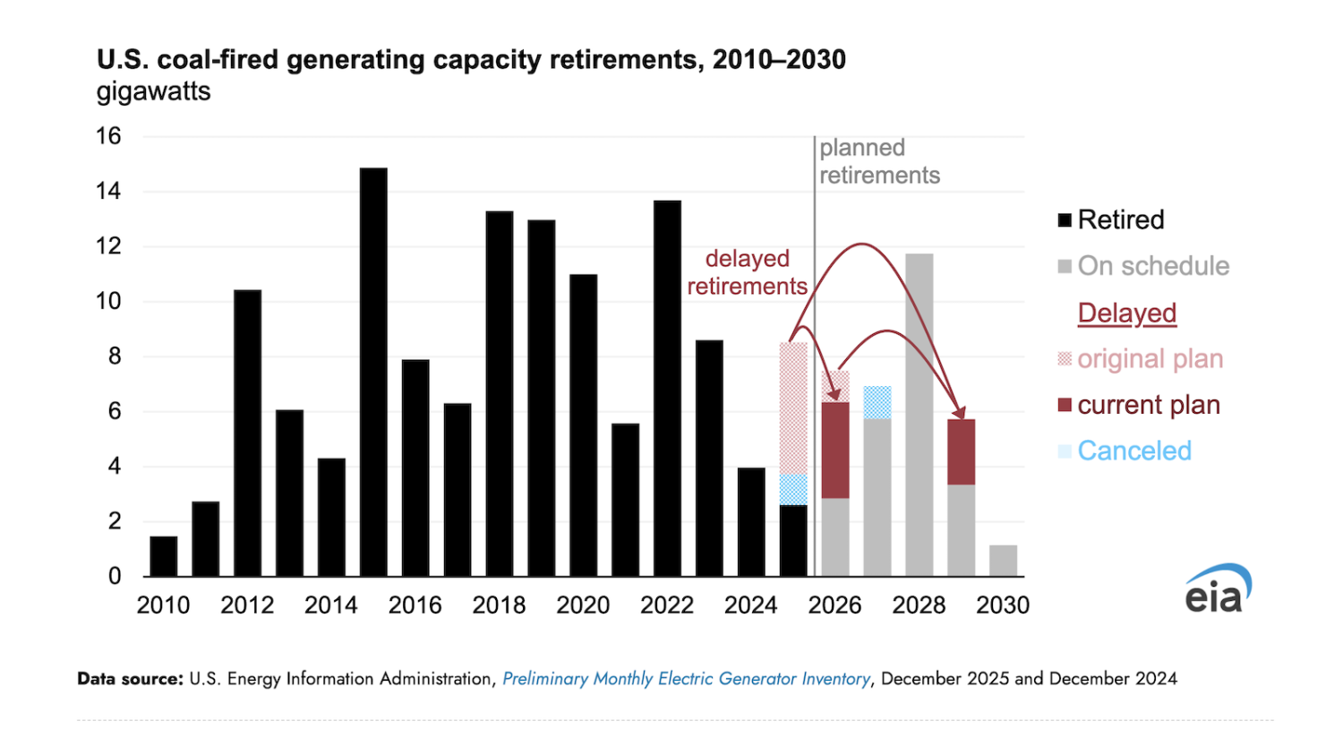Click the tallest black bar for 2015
click(x=373, y=372)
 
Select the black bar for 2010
click(x=164, y=556)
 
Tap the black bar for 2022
click(x=667, y=388)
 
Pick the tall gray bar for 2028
click(x=919, y=415)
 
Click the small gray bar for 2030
click(x=1003, y=561)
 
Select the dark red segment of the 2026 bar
click(x=835, y=451)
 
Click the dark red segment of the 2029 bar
click(x=961, y=452)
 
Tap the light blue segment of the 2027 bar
click(x=877, y=402)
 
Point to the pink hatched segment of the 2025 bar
click(x=793, y=408)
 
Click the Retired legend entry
click(x=1120, y=219)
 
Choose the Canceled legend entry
click(x=1133, y=451)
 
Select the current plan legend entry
click(x=1148, y=405)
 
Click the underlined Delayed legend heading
click(x=1126, y=313)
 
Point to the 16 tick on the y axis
click(x=108, y=136)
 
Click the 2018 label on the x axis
click(x=499, y=605)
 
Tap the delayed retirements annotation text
click(x=747, y=272)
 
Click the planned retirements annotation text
click(x=878, y=161)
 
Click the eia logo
click(x=1218, y=589)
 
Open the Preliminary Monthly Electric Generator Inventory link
click(x=686, y=679)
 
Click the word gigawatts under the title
click(x=153, y=91)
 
